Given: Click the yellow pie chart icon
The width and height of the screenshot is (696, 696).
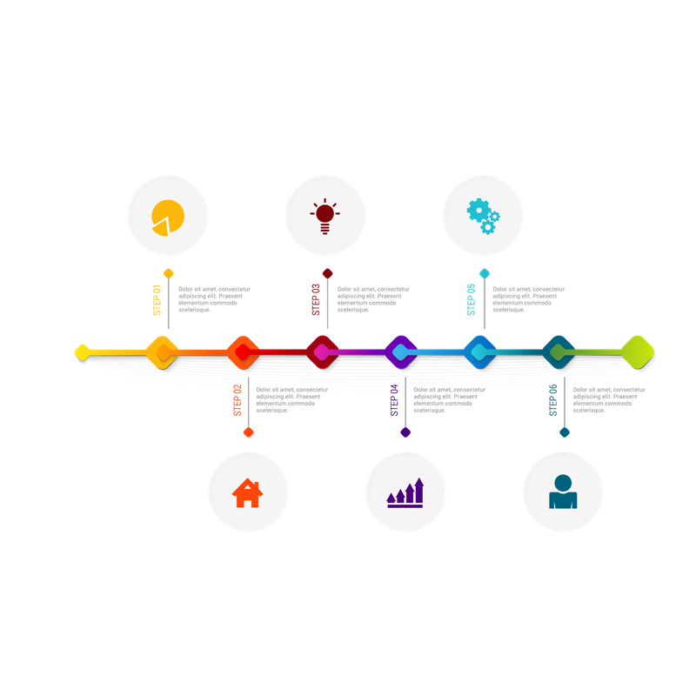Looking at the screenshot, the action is click(168, 217).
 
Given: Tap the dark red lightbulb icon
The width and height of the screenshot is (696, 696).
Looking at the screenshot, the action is click(325, 216).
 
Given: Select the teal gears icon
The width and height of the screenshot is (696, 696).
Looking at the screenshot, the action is click(484, 216).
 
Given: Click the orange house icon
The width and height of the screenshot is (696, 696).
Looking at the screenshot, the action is click(248, 492).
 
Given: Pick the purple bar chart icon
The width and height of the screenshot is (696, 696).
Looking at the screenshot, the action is click(405, 492).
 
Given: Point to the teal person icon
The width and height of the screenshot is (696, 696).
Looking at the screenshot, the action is click(563, 492).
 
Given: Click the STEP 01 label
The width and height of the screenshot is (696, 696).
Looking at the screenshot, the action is click(157, 300).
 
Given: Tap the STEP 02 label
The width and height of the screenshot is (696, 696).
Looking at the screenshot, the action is click(238, 400).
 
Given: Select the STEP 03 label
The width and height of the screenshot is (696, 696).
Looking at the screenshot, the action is click(316, 300).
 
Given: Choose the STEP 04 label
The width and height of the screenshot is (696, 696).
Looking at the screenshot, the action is click(394, 400).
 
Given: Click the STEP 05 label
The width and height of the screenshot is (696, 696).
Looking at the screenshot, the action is click(471, 300).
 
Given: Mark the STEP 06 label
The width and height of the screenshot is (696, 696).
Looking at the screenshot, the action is click(553, 400).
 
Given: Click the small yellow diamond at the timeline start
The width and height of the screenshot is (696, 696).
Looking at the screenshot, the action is click(82, 352).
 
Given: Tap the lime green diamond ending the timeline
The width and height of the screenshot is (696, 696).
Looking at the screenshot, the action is click(638, 352).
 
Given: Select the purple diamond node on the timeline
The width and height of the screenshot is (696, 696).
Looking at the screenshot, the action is click(401, 352).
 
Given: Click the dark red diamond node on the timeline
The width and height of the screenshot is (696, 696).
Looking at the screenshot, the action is click(323, 352).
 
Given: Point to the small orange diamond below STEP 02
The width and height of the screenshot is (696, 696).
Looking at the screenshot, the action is click(249, 432).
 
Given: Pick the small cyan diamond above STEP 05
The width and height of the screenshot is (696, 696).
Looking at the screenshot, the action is click(485, 273).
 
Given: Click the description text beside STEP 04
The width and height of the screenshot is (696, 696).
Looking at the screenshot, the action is click(449, 400).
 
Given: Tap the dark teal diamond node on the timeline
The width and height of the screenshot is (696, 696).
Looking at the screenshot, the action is click(559, 352).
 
